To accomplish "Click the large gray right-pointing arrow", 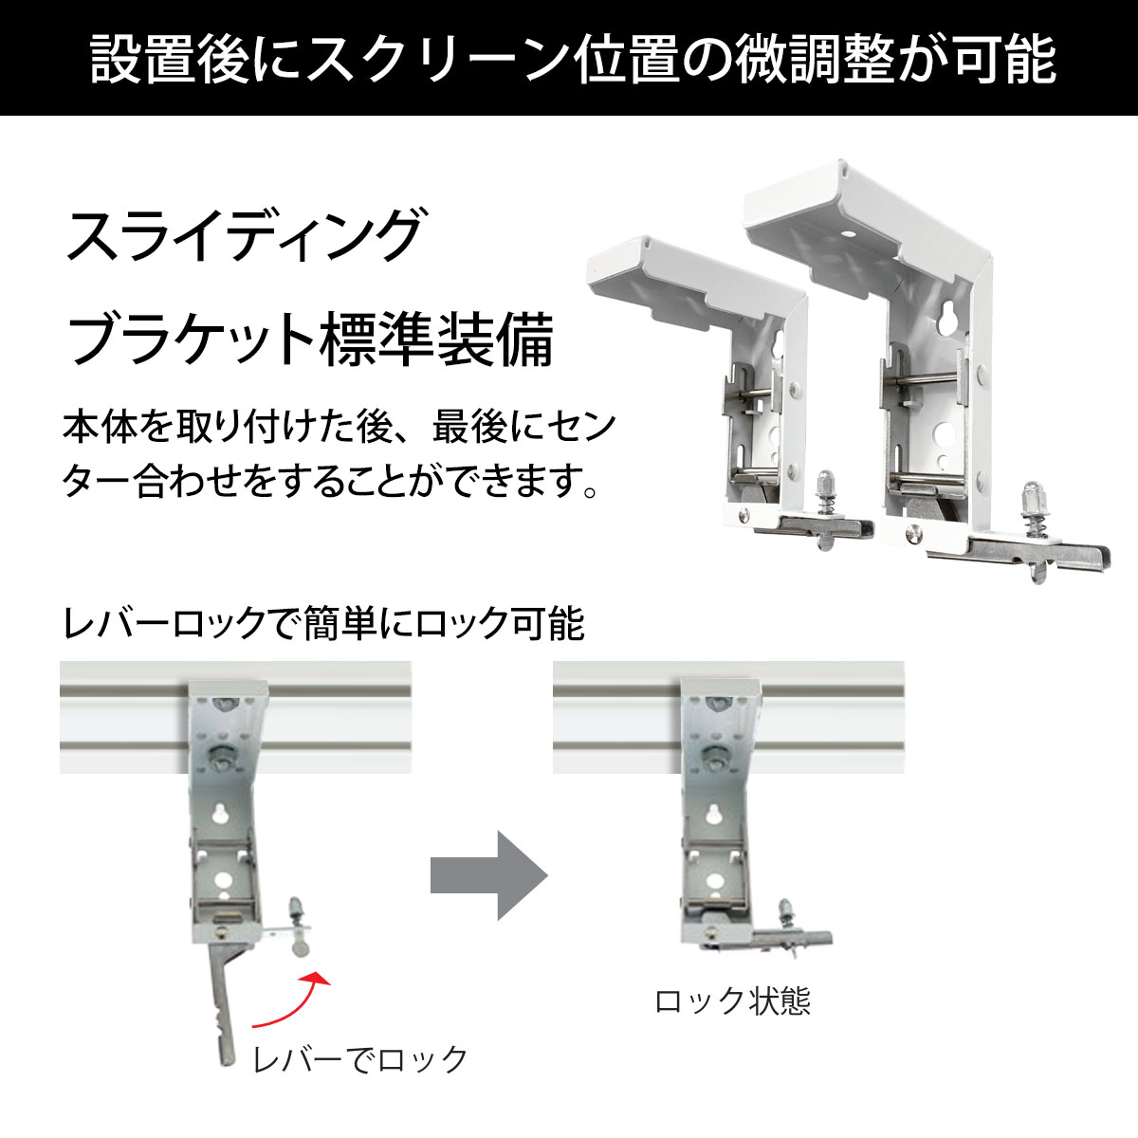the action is [x=489, y=875].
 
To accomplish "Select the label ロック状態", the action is [x=732, y=1000].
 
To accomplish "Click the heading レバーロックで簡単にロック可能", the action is [x=323, y=624].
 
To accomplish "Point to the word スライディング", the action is [x=245, y=235].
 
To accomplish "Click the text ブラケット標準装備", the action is [x=311, y=340].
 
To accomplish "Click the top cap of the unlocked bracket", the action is [x=228, y=688].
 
